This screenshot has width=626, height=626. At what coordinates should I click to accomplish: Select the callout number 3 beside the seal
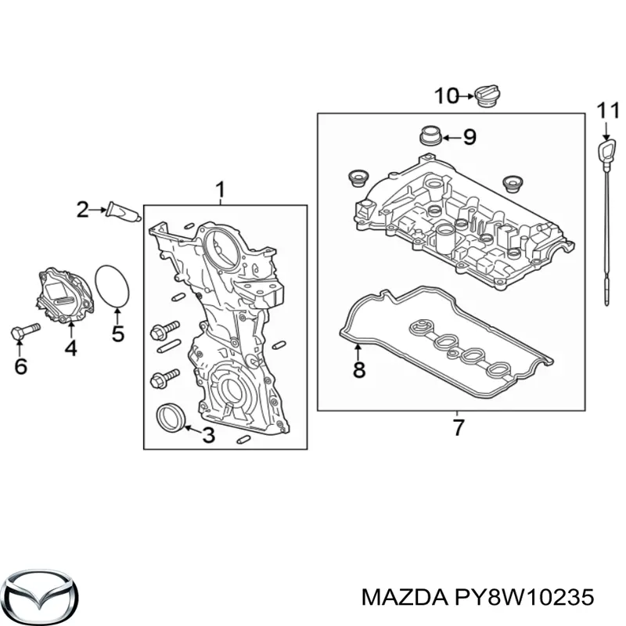click(207, 435)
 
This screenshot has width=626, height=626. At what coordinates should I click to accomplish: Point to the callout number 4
click(70, 348)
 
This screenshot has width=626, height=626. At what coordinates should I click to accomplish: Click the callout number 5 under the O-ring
click(117, 335)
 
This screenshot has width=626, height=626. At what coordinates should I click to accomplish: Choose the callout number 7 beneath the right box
click(458, 427)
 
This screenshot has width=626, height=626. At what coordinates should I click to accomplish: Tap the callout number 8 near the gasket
click(358, 369)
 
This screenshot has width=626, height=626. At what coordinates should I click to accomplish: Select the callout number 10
click(446, 96)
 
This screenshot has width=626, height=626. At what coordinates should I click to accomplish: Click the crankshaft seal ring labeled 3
click(170, 417)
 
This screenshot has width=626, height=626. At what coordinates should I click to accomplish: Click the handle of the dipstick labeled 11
click(606, 150)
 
